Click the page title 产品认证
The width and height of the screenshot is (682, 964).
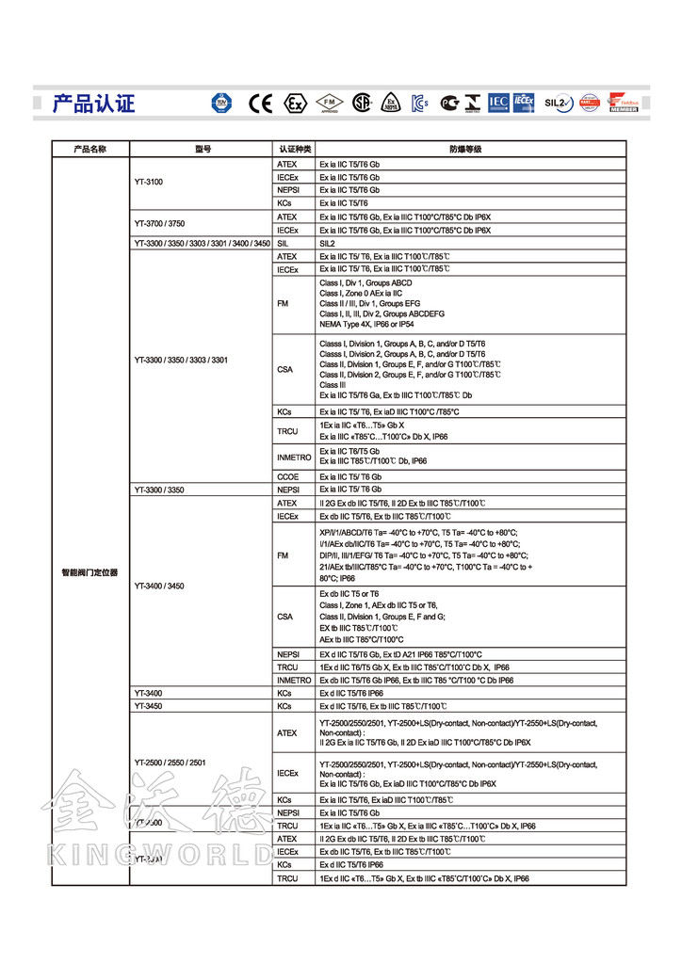tap(93, 103)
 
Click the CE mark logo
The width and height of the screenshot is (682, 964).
tap(260, 103)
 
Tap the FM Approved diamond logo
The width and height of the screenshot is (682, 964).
tap(329, 103)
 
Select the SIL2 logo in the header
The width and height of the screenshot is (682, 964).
tap(557, 103)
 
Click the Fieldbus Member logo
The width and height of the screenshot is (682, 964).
tap(623, 103)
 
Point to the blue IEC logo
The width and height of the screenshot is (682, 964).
tap(498, 103)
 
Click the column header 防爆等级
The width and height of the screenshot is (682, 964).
tap(464, 149)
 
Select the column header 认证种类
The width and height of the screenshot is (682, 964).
tap(295, 149)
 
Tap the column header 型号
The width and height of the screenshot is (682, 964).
tap(203, 149)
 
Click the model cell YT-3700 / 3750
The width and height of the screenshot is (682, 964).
tap(160, 223)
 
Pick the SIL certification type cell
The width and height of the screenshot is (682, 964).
tap(283, 243)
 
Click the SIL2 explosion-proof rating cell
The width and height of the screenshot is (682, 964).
tap(328, 243)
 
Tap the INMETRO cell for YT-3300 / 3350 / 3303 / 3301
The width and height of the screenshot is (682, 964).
tap(294, 457)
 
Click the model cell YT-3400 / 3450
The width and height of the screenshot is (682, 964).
tap(160, 586)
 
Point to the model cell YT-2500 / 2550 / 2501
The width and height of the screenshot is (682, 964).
tap(170, 762)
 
